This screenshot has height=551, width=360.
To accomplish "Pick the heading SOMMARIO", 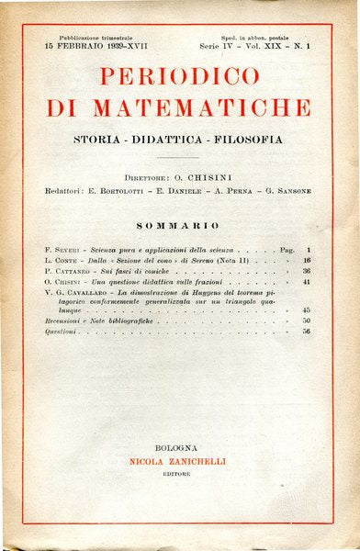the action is [x=179, y=225].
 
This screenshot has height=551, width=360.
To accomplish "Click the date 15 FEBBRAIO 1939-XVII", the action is [x=88, y=44].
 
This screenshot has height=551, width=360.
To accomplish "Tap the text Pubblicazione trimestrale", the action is [x=84, y=34].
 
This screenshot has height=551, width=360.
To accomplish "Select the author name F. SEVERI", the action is [x=61, y=250].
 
